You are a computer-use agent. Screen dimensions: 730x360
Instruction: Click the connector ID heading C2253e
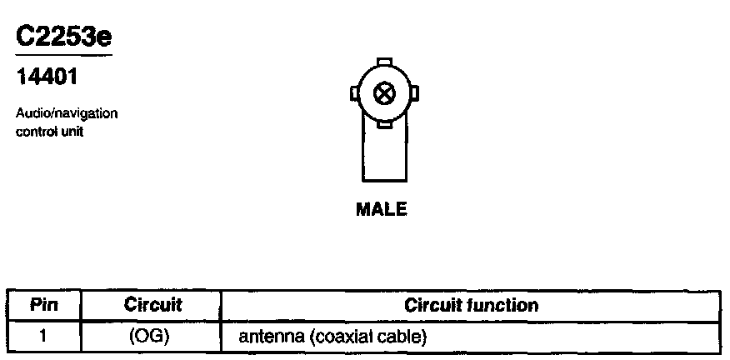(63, 37)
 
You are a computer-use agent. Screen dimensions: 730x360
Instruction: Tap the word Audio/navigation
(67, 112)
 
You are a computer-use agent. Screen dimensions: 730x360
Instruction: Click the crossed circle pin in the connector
(383, 93)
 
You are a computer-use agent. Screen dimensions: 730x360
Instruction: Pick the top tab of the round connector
(383, 62)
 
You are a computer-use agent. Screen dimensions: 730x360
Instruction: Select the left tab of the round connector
(354, 93)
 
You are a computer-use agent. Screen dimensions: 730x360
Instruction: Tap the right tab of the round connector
(413, 93)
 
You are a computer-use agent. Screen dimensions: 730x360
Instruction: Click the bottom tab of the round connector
(383, 124)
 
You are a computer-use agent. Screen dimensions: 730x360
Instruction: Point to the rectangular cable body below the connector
(383, 154)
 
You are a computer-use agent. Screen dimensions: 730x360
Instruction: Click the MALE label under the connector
(382, 210)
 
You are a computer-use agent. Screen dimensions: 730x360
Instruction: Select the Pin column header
(43, 305)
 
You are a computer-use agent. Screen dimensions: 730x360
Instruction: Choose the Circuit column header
(152, 305)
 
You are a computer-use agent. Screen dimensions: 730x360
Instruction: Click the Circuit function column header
(471, 305)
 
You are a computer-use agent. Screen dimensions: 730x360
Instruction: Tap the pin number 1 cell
(43, 337)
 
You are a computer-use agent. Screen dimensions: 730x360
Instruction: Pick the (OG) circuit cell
(151, 337)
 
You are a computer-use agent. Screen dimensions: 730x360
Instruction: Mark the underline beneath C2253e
(63, 56)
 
